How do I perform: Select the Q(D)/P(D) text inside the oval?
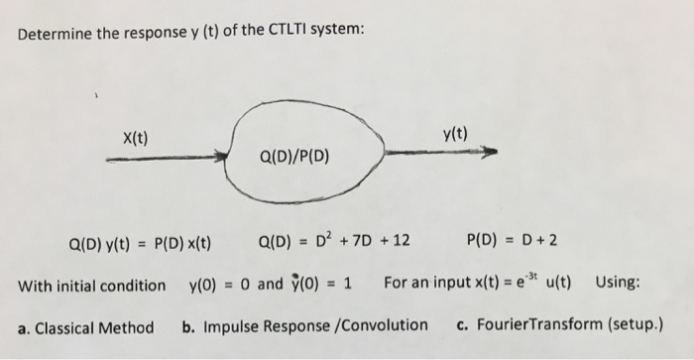click(x=295, y=157)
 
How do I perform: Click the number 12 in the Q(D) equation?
click(x=403, y=239)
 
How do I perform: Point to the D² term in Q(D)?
click(x=318, y=239)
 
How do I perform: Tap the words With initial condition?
click(x=91, y=286)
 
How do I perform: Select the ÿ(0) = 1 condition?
click(x=319, y=286)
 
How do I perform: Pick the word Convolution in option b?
click(x=384, y=324)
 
